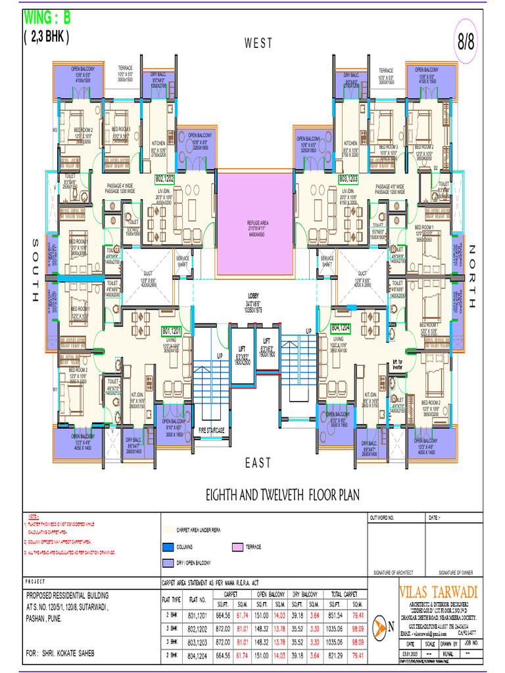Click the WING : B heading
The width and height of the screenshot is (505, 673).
coord(48,16)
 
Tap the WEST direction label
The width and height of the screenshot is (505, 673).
coord(258,43)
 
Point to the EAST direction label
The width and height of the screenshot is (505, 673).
coord(258,463)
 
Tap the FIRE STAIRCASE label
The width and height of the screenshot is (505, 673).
coord(212,430)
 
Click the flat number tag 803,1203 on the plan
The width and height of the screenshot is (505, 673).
coord(348,178)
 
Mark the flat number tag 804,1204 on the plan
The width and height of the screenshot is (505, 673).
coord(341,327)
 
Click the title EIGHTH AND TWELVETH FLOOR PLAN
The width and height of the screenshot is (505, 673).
coord(282,494)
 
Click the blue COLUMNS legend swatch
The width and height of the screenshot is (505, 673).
coord(168,547)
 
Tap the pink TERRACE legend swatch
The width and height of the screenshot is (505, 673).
coord(237,547)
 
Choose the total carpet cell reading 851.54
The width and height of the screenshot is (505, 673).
coord(336,615)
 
